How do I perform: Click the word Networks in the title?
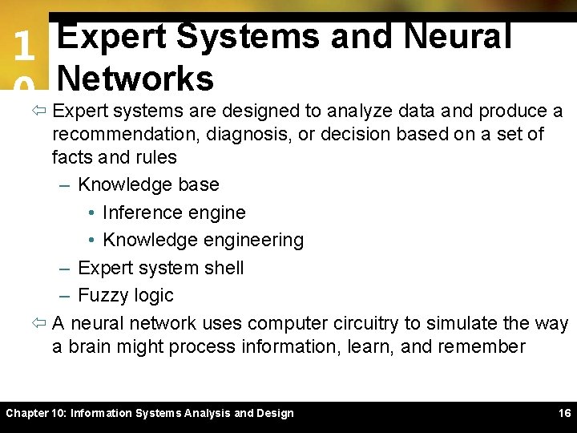(x=135, y=79)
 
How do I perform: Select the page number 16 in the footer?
(x=564, y=413)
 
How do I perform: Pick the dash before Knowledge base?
(x=65, y=184)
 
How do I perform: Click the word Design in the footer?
(x=274, y=413)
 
